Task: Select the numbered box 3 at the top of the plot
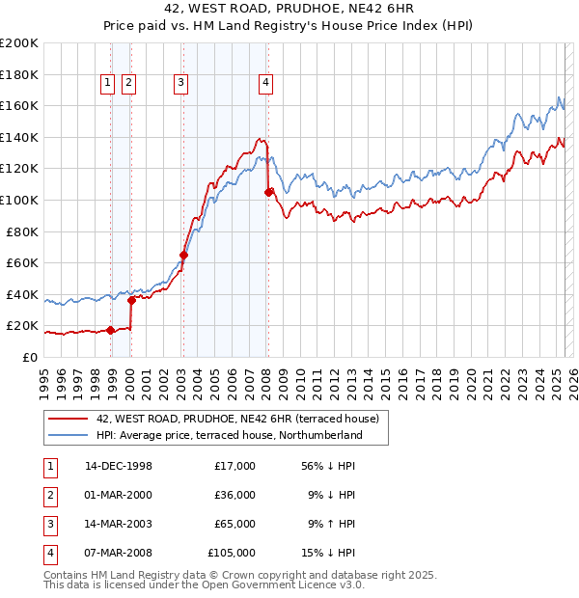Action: [x=180, y=83]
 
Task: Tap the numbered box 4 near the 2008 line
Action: [x=264, y=83]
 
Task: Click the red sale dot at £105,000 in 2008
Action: [x=268, y=192]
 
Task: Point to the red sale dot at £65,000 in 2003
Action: [x=183, y=256]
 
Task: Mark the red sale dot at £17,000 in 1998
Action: [x=111, y=331]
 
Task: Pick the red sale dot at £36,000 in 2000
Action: [x=131, y=300]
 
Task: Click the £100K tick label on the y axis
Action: [x=20, y=200]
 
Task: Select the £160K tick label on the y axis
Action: [x=20, y=105]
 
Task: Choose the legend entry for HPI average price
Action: [x=229, y=435]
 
